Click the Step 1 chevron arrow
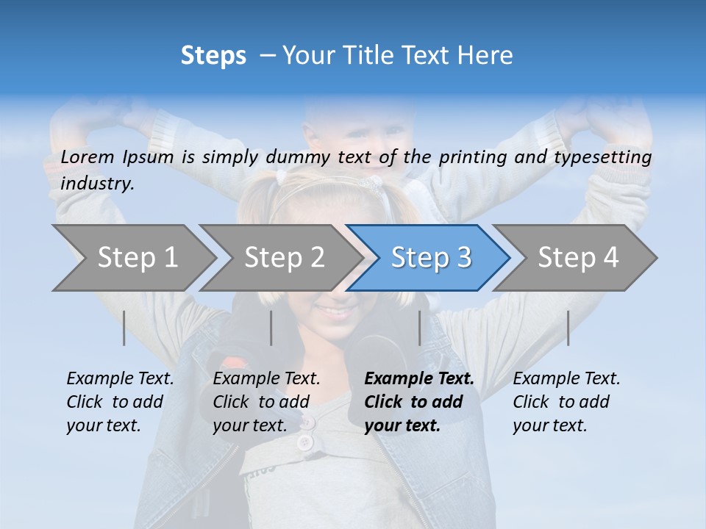point(137,258)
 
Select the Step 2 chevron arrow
point(284,258)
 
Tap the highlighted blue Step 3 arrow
point(431,258)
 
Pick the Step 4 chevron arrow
point(578,258)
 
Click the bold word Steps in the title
point(213,56)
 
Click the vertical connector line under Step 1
point(124,328)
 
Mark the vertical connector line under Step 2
point(271,328)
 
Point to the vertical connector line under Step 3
point(419,328)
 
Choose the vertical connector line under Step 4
point(568,328)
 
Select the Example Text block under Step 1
point(120,402)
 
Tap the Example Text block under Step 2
point(266,402)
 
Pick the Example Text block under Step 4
point(566,402)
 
